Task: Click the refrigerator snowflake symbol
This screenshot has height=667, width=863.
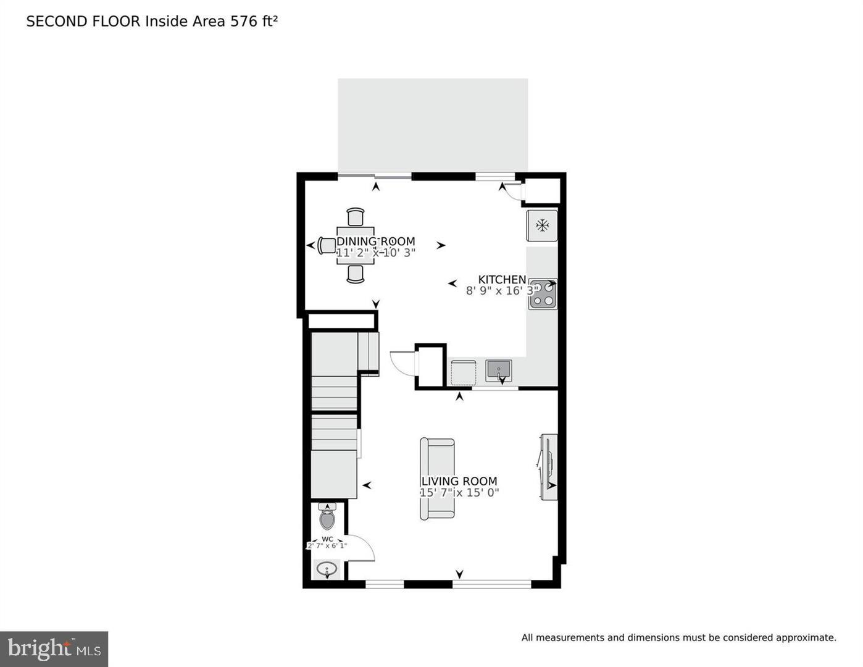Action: (x=542, y=225)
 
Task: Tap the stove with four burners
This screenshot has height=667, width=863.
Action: (x=543, y=294)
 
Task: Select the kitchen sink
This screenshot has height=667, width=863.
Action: (x=498, y=371)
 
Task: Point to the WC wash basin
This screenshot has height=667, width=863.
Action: (x=327, y=569)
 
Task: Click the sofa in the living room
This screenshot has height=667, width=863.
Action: (x=437, y=479)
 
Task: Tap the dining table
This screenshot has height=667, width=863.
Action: (x=355, y=245)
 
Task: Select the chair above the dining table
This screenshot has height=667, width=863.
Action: (x=356, y=217)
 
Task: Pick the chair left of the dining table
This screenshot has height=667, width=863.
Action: (x=327, y=246)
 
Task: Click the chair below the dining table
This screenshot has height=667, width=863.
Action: (x=356, y=274)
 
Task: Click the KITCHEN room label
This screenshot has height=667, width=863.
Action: (x=502, y=280)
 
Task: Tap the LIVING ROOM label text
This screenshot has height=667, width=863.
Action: (x=459, y=481)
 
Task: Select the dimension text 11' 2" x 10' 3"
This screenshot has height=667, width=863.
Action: (x=375, y=253)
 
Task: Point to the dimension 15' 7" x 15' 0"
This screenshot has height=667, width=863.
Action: (x=459, y=493)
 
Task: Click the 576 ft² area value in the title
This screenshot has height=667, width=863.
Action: (x=254, y=21)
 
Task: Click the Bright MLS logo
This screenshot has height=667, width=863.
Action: (x=54, y=648)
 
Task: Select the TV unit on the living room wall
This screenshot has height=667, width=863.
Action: (x=549, y=467)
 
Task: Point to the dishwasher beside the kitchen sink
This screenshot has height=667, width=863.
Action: (x=463, y=373)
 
